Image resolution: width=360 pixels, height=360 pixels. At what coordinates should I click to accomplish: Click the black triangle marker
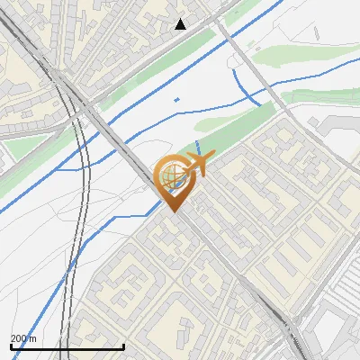tap(181, 24)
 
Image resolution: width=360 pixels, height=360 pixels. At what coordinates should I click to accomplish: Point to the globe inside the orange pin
tap(172, 177)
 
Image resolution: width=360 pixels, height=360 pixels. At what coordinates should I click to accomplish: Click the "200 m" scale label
tap(23, 338)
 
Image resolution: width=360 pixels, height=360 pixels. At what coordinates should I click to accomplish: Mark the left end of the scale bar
tap(11, 346)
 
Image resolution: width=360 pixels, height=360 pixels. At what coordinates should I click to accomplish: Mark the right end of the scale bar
tap(123, 346)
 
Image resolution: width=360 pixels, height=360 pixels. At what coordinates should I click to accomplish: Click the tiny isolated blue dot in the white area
tap(176, 99)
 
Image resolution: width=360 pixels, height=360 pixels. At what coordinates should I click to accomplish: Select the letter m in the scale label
tap(33, 338)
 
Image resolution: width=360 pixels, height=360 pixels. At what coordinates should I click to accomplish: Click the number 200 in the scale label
tap(19, 338)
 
